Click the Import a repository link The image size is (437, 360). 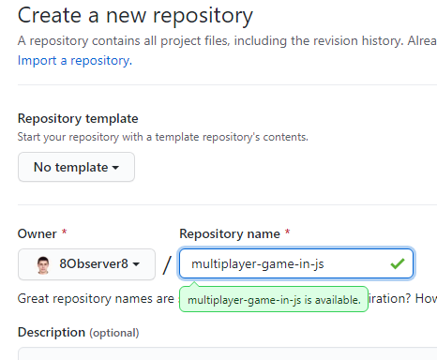pos(75,61)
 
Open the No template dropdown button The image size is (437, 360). pos(76,167)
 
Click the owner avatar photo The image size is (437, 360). pos(43,265)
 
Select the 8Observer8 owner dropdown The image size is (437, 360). pos(86,264)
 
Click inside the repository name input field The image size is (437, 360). pos(296,263)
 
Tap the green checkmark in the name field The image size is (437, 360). pos(398,263)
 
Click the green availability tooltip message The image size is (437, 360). pos(274,300)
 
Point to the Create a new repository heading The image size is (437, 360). pos(135,16)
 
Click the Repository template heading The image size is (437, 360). pos(78,119)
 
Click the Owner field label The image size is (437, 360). pos(38,233)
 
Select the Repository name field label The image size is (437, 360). pos(230,234)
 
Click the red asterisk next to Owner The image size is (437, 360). pos(64,232)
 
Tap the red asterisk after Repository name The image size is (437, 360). pos(287,232)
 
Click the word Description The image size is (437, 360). pos(52,332)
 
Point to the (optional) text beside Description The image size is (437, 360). pos(114,333)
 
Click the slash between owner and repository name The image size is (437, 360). pos(167,265)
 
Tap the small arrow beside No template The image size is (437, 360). pos(115,168)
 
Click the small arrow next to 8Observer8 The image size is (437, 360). pos(136,264)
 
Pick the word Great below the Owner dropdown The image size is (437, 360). pos(33,299)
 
